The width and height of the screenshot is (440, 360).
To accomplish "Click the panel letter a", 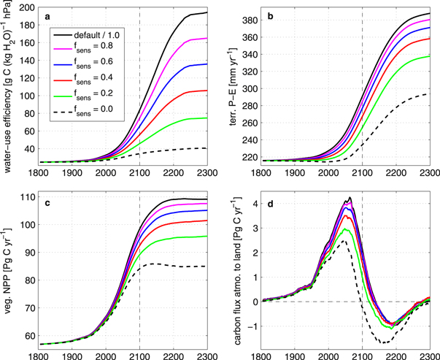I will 48,16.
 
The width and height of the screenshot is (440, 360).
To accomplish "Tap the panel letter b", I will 271,16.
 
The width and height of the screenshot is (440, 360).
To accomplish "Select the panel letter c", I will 48,202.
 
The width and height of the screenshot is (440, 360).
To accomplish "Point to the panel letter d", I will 271,202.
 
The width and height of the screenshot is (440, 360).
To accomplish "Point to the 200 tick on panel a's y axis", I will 29,8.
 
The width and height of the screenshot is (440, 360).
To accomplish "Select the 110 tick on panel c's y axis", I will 29,198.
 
